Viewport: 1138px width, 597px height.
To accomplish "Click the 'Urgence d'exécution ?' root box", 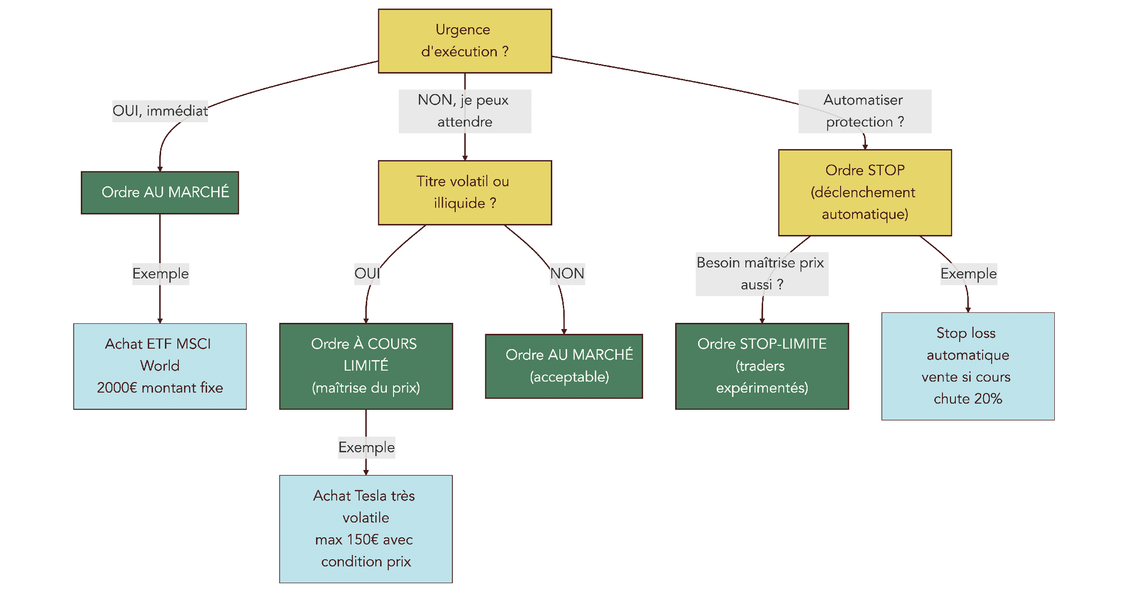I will coord(464,41).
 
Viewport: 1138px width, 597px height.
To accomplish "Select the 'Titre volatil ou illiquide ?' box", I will coord(464,192).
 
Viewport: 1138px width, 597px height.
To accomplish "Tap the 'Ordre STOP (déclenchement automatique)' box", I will coord(864,192).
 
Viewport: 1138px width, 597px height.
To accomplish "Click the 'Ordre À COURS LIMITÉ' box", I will coord(366,366).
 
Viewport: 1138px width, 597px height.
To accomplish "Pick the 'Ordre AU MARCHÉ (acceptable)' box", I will coord(564,366).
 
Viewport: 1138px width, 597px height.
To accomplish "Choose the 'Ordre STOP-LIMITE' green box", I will coord(762,366).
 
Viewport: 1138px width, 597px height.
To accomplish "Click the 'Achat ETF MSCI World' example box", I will coord(160,366).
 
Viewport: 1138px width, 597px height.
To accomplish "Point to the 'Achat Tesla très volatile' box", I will coord(366,529).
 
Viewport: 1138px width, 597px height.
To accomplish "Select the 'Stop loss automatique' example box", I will coord(968,366).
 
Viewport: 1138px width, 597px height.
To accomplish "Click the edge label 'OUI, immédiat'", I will coord(160,111).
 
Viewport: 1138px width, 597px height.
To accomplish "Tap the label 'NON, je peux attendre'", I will coord(464,111).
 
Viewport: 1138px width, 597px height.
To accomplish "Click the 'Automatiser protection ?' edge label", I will coord(864,111).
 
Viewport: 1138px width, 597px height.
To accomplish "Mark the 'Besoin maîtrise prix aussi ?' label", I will coord(762,274).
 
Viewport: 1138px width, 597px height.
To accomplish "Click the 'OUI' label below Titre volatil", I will coord(367,274).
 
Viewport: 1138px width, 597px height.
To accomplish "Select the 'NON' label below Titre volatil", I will coord(567,274).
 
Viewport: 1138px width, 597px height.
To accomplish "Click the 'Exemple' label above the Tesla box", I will coord(366,448).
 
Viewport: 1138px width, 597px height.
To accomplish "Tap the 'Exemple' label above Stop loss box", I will coord(968,274).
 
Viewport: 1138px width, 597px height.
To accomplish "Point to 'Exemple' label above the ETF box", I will coord(160,274).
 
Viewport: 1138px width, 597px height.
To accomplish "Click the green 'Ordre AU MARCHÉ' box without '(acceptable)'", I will coord(160,192).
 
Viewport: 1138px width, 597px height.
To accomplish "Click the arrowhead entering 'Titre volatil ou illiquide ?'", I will coord(464,158).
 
